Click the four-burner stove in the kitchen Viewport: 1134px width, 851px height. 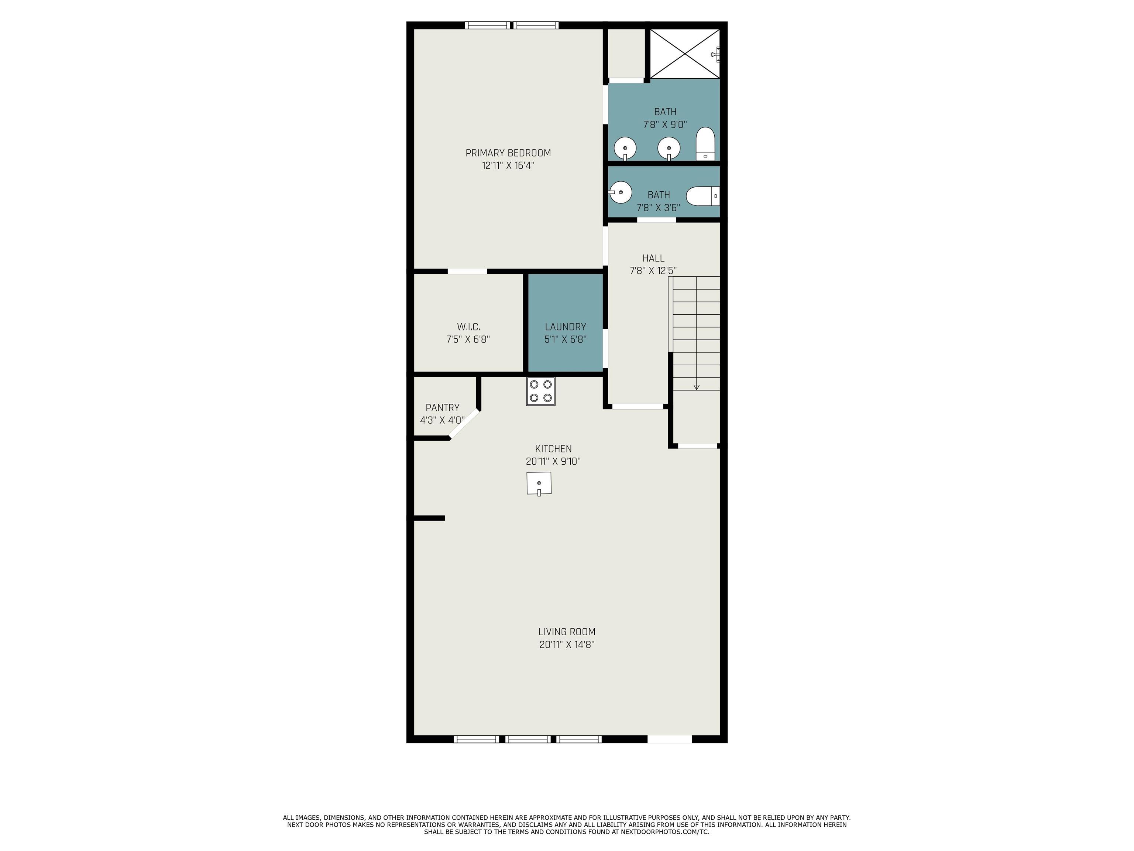[540, 392]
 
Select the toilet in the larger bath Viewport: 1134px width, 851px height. [705, 144]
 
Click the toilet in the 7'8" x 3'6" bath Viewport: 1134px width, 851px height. [703, 196]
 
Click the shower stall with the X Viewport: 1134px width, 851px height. [685, 53]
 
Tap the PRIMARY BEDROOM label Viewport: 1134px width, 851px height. [508, 153]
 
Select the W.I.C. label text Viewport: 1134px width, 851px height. [468, 327]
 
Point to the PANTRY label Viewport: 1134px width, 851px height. [443, 408]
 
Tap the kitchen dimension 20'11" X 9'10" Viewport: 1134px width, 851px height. [553, 461]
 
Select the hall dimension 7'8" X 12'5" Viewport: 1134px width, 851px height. [653, 271]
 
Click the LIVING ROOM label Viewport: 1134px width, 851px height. [567, 632]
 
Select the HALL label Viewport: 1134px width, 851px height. [653, 258]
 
